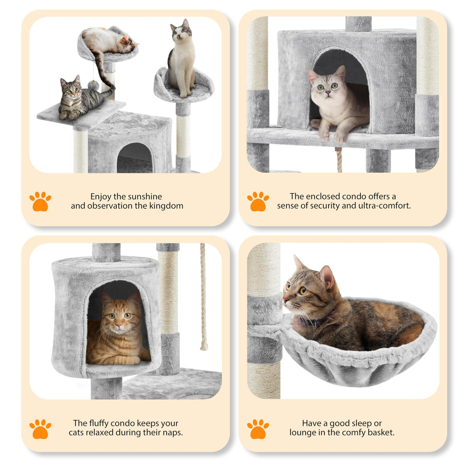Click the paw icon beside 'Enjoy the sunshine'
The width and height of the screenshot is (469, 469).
[x=40, y=202]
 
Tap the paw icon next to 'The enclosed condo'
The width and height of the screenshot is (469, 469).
[x=258, y=202]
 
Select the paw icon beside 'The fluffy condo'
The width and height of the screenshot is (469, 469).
[x=40, y=429]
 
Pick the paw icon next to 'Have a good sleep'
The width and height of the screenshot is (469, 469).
[x=258, y=429]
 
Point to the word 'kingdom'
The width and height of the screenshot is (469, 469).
[x=166, y=206]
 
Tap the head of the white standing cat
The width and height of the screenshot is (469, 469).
[x=180, y=32]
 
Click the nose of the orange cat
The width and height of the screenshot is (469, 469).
[x=118, y=325]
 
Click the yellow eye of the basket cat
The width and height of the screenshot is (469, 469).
[x=303, y=290]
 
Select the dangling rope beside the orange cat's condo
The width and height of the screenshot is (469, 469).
[x=203, y=298]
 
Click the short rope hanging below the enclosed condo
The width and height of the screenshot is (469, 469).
[x=339, y=160]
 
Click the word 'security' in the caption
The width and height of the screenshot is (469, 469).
[x=325, y=206]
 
